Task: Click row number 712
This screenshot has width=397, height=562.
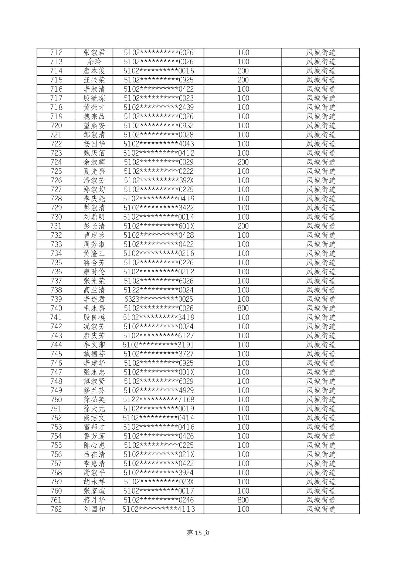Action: (56, 53)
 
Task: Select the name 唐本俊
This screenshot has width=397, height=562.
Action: (94, 71)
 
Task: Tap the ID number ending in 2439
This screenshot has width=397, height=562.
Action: (159, 107)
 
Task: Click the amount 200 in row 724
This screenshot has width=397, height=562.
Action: (243, 162)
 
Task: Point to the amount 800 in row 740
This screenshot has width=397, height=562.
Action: (243, 308)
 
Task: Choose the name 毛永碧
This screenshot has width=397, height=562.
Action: (94, 308)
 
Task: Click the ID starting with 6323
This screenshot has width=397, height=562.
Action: (159, 299)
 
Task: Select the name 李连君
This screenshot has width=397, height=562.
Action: (94, 299)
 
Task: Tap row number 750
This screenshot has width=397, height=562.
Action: (56, 400)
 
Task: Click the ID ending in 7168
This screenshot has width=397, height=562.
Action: (159, 400)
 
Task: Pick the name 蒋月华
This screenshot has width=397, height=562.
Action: (94, 500)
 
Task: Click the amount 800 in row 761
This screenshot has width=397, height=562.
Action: (243, 500)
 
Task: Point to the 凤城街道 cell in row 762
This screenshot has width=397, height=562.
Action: (320, 509)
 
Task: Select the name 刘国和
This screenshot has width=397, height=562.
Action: (94, 509)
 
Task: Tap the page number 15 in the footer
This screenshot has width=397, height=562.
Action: (198, 533)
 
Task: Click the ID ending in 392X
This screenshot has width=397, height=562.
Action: (159, 180)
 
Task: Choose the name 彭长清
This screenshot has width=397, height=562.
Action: (94, 226)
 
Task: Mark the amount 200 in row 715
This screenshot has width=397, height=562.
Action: (243, 80)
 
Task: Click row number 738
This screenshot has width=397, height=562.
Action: (56, 290)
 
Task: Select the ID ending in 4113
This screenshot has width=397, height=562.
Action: (159, 509)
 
